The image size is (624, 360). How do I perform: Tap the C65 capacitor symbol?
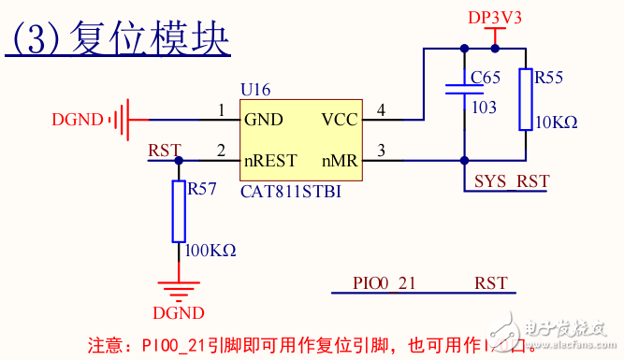pyautogui.click(x=463, y=90)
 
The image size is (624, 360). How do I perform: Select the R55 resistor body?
pyautogui.click(x=525, y=99)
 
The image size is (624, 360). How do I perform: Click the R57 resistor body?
pyautogui.click(x=178, y=211)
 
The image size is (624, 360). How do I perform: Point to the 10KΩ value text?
pyautogui.click(x=556, y=122)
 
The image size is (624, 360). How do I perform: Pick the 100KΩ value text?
pyautogui.click(x=211, y=251)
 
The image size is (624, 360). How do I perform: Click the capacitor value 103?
pyautogui.click(x=484, y=108)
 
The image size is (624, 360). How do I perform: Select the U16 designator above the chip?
pyautogui.click(x=255, y=90)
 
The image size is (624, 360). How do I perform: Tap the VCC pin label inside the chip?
pyautogui.click(x=339, y=120)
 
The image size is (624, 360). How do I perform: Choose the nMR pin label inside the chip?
pyautogui.click(x=340, y=161)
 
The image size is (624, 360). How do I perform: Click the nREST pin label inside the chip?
pyautogui.click(x=270, y=161)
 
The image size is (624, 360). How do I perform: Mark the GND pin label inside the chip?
pyautogui.click(x=263, y=120)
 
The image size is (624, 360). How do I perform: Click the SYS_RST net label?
pyautogui.click(x=512, y=180)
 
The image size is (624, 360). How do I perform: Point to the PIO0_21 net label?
pyautogui.click(x=384, y=281)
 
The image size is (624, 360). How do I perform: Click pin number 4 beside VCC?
pyautogui.click(x=381, y=111)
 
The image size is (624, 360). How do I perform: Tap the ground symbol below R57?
pyautogui.click(x=178, y=289)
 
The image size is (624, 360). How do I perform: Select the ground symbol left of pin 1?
pyautogui.click(x=118, y=120)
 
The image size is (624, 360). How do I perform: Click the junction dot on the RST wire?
pyautogui.click(x=178, y=161)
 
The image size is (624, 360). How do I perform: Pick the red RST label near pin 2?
pyautogui.click(x=165, y=150)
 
